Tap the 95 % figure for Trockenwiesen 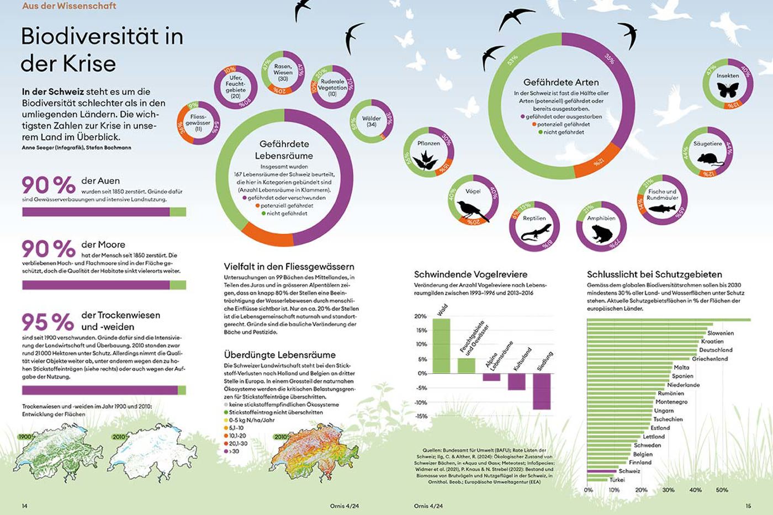click(x=47, y=322)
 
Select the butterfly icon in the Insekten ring click(x=728, y=89)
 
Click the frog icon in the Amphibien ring click(x=601, y=233)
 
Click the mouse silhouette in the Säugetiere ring click(x=708, y=159)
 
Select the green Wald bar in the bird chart click(x=441, y=346)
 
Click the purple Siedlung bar click(x=542, y=391)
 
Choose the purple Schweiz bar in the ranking click(x=601, y=471)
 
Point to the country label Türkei click(x=617, y=480)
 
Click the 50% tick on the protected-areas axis click(x=722, y=490)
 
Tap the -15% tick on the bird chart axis click(x=421, y=416)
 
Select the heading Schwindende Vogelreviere click(x=470, y=274)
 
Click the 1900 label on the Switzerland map click(x=25, y=437)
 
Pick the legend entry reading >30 click(x=234, y=452)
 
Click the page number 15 click(x=748, y=506)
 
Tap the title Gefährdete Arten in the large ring click(x=561, y=82)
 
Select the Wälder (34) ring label click(x=372, y=121)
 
